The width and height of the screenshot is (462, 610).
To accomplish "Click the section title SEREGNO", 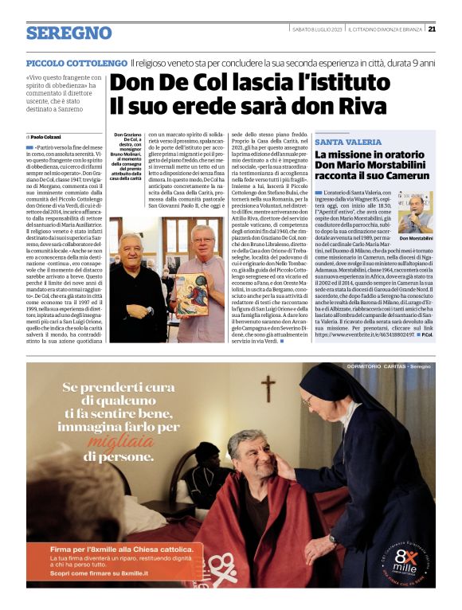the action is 69,33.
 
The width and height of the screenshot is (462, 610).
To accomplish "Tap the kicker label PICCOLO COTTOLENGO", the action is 76,62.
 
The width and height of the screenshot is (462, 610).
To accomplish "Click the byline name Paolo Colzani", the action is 49,138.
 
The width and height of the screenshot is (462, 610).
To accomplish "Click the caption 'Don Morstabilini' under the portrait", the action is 416,239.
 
